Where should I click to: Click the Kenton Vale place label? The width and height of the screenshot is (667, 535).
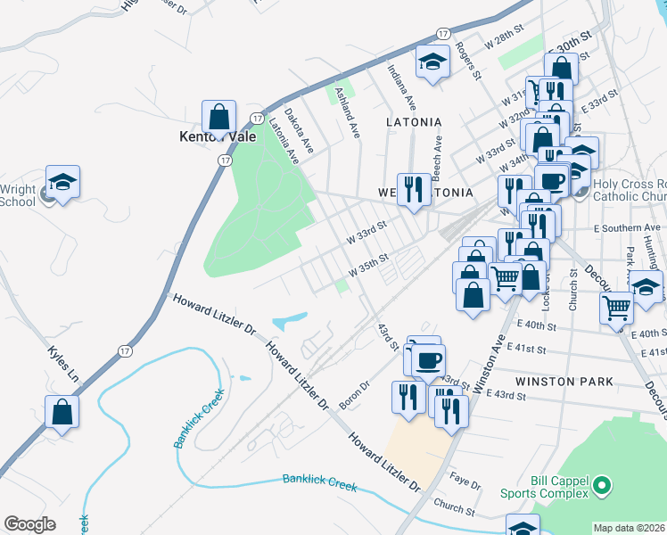coord(218,137)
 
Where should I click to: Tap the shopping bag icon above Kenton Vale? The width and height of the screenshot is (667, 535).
coord(218,116)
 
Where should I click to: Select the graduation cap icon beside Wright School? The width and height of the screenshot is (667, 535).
coord(62,182)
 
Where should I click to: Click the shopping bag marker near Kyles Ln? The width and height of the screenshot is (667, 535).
coord(62,412)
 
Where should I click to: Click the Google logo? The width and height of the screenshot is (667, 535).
coord(29,523)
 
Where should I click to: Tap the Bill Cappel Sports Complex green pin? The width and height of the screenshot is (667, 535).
coord(602,487)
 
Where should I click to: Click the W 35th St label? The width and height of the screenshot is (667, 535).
coord(369,265)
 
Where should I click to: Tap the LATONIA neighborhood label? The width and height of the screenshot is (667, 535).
coord(414,121)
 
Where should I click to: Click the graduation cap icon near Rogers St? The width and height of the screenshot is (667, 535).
coord(433,62)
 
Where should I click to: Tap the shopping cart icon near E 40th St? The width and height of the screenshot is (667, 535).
coord(616,309)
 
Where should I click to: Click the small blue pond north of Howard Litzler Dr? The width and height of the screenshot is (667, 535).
coord(290,318)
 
